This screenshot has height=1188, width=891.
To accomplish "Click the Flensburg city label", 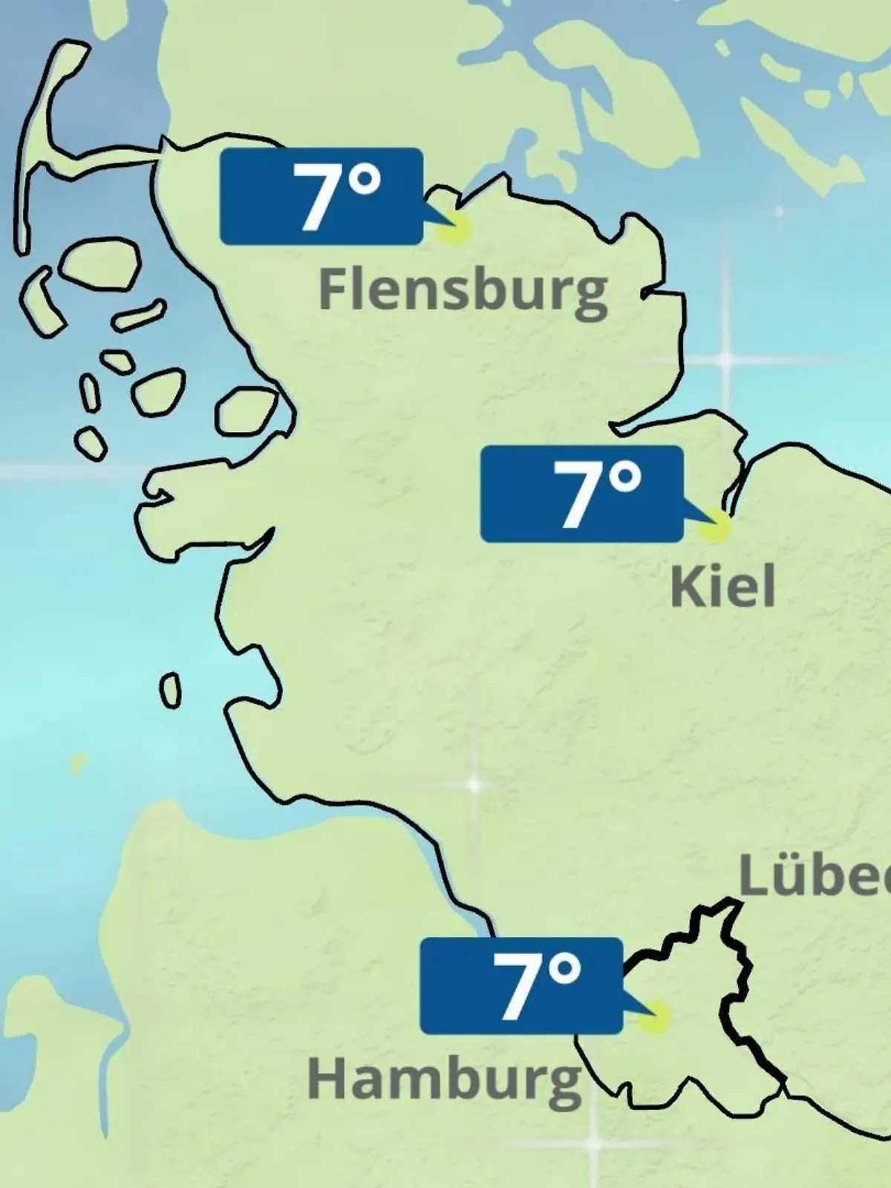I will (x=463, y=291).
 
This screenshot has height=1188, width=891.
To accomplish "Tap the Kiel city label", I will (x=722, y=587).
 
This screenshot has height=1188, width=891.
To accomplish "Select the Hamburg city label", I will (x=444, y=1080).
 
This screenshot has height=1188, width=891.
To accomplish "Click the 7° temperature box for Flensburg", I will (x=322, y=196).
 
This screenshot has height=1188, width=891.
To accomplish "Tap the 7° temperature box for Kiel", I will (x=581, y=494).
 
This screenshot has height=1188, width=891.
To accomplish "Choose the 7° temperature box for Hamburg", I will (x=520, y=986).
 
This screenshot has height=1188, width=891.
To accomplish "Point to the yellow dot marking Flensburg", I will (x=454, y=229).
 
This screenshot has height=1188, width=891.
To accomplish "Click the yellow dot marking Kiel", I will (x=715, y=526).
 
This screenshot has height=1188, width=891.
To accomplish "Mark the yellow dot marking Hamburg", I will (x=654, y=1019).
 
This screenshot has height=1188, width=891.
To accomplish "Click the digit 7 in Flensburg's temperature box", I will (x=313, y=198).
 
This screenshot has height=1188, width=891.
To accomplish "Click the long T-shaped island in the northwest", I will (x=45, y=148).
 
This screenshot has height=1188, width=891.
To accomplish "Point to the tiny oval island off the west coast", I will (x=171, y=691).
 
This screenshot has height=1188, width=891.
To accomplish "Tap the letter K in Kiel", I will (x=683, y=587).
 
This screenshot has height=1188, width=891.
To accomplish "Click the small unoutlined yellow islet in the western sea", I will (x=77, y=763).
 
